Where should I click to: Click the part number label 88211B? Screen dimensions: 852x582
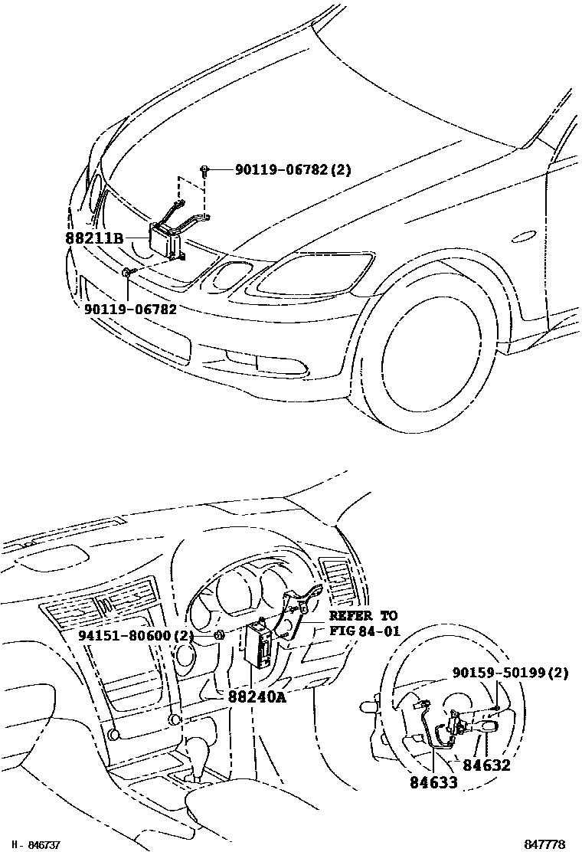click(94, 238)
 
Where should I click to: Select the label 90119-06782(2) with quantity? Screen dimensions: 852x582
click(283, 170)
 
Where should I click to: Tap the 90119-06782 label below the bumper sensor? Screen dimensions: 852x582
click(130, 309)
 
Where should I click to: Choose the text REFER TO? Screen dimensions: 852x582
click(364, 616)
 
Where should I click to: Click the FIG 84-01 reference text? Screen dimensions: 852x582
click(364, 631)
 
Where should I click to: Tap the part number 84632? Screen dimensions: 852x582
click(485, 765)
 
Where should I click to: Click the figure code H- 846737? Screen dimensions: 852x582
click(34, 844)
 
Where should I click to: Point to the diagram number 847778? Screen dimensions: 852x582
click(544, 844)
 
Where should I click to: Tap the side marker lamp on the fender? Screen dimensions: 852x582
click(523, 237)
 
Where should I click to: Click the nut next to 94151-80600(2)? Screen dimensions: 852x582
click(219, 634)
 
